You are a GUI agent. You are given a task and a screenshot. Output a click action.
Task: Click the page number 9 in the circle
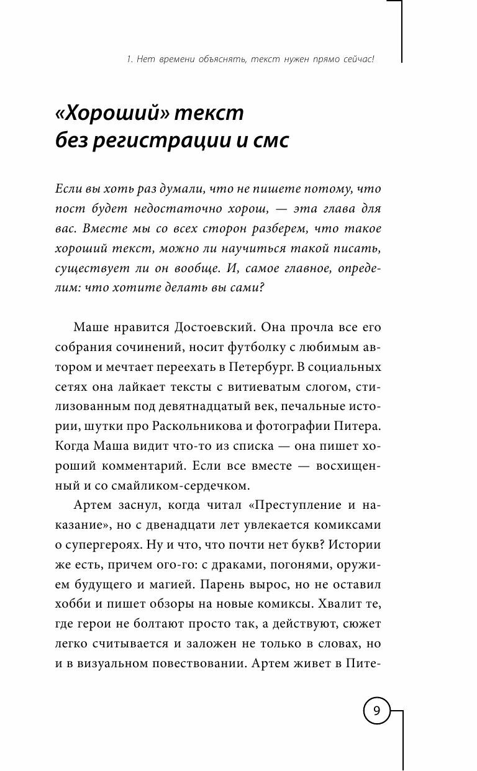click(x=376, y=710)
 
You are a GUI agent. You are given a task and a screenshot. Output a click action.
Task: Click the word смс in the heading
click(x=269, y=141)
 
